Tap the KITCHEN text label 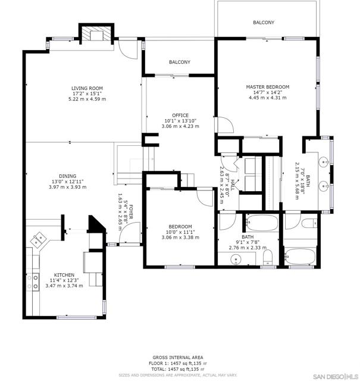point(64,275)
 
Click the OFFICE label point(180,115)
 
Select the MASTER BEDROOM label point(268,87)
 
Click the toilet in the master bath point(307,223)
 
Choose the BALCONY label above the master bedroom point(264,23)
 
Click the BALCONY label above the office point(179,62)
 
